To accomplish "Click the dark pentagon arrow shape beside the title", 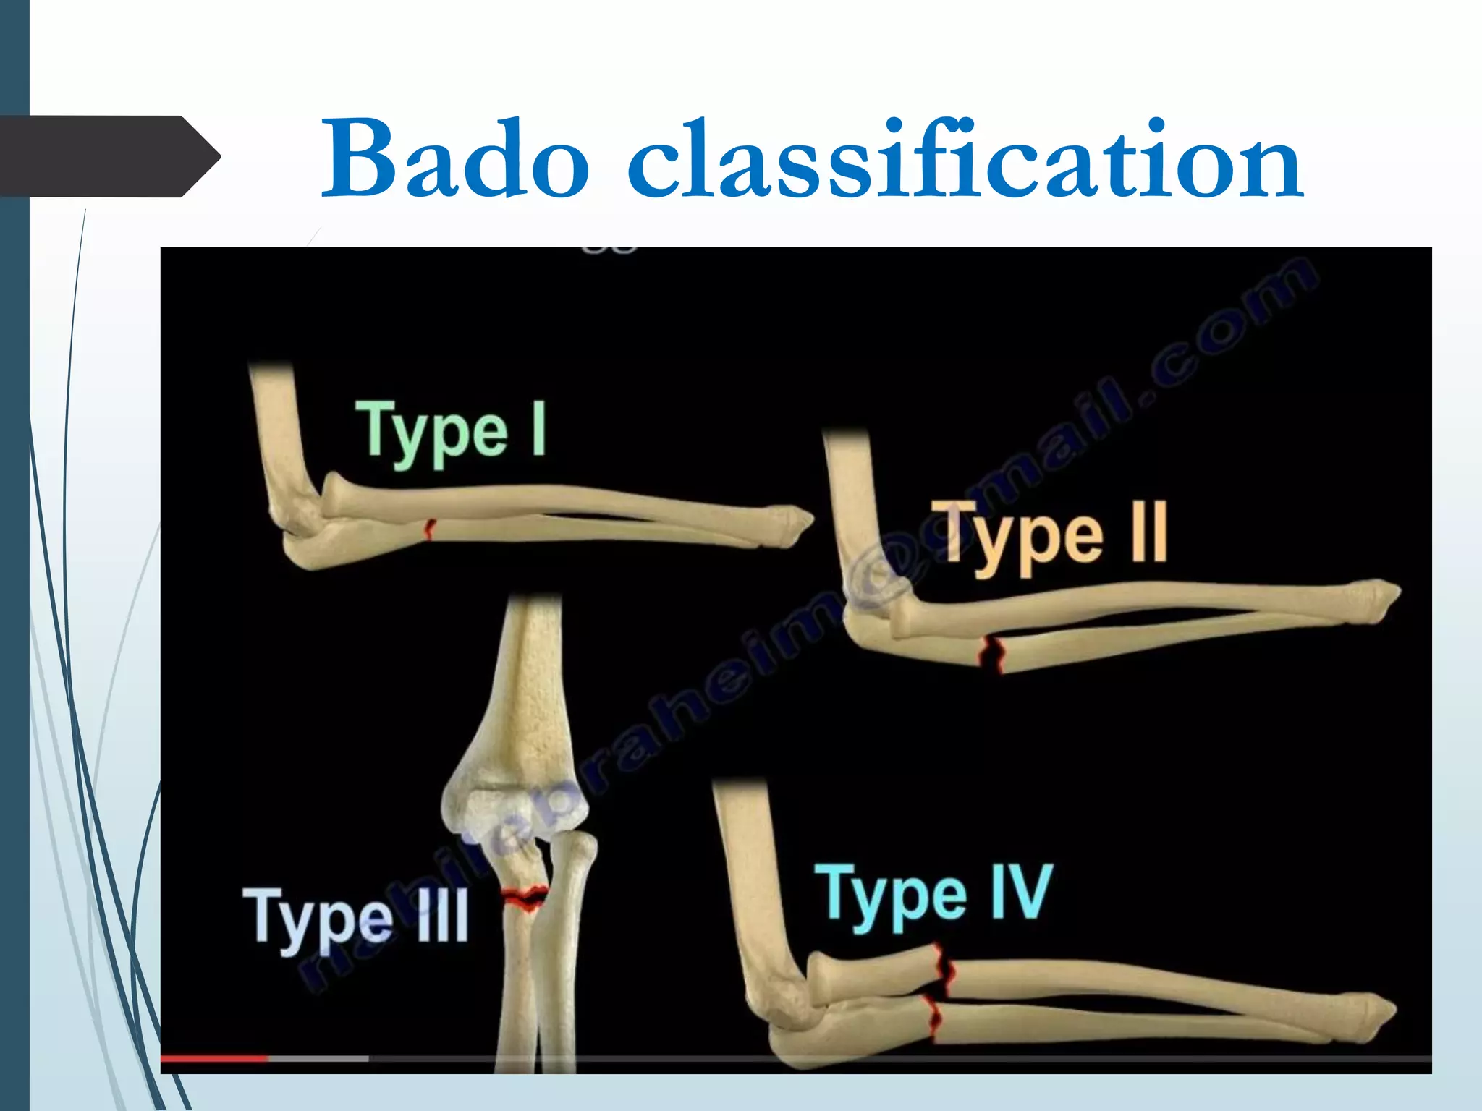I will pos(109,156).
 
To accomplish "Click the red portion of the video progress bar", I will pos(213,1059).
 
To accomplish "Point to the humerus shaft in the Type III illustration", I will pos(532,673).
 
